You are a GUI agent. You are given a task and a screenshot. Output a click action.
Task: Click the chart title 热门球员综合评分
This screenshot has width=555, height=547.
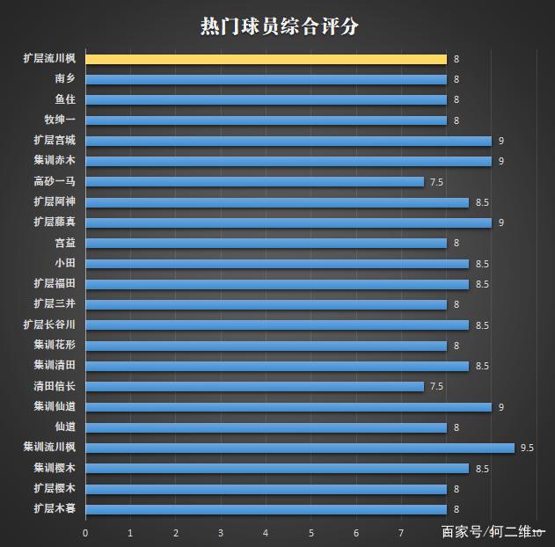click(279, 26)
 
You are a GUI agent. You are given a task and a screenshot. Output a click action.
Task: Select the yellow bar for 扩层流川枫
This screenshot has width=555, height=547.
click(266, 59)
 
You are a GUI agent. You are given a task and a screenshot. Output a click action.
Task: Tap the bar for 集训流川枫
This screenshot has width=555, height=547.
click(299, 448)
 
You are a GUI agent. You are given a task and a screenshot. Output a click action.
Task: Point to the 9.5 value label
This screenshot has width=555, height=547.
click(528, 448)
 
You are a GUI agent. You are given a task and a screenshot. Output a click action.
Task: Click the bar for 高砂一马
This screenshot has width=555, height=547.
click(254, 182)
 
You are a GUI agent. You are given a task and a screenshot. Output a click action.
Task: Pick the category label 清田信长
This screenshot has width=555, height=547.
click(55, 386)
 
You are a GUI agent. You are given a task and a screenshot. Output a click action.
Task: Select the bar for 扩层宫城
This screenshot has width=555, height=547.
click(288, 141)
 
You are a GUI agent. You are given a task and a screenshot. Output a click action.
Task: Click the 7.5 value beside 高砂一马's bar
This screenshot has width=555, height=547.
click(436, 182)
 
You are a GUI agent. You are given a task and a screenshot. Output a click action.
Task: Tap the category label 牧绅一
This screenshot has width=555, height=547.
click(60, 120)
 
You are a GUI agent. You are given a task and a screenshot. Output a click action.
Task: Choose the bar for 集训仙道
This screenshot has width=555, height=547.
click(288, 407)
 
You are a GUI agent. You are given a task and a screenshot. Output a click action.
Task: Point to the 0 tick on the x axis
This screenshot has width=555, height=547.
click(85, 533)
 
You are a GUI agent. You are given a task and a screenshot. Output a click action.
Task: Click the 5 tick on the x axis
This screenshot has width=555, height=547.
click(311, 533)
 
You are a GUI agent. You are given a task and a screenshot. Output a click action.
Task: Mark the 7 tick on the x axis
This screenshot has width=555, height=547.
click(402, 533)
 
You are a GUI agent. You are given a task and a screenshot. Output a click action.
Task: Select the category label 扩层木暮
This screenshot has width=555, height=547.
click(55, 509)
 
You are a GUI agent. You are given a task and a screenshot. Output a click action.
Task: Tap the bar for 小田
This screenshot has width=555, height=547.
click(276, 264)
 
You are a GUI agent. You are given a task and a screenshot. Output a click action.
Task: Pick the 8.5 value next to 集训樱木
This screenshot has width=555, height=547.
click(482, 469)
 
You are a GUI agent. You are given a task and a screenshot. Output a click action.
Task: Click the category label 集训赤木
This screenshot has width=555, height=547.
click(55, 161)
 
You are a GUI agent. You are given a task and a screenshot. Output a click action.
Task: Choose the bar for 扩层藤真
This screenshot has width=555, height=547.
click(288, 222)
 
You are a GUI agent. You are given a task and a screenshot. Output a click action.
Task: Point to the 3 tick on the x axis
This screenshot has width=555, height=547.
click(221, 533)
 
